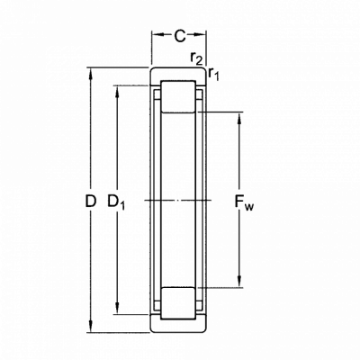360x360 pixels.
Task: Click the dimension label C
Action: tap(180, 36)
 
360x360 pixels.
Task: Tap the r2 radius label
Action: tap(197, 58)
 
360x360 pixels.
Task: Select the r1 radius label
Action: tap(213, 74)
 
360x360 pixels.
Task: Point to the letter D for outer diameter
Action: tap(90, 202)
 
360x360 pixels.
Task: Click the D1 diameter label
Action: tap(116, 202)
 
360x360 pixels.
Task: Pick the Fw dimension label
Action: tap(244, 202)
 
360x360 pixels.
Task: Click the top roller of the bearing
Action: tap(178, 96)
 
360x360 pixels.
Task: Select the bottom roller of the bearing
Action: tap(178, 303)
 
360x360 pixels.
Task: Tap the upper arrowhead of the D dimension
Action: tap(90, 75)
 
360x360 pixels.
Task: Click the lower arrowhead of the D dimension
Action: tap(90, 327)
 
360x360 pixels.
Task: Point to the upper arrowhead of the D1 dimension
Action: tap(117, 92)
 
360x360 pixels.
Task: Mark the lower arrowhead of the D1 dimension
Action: tap(117, 309)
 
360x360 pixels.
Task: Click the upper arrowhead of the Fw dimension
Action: tap(239, 118)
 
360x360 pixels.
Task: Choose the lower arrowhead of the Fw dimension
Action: tap(239, 282)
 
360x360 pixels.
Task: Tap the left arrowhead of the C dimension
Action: tap(158, 35)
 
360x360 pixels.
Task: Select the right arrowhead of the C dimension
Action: tap(200, 35)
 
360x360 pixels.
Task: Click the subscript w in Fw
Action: tap(249, 207)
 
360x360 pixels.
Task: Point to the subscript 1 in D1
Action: tap(122, 206)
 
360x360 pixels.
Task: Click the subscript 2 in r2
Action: tap(199, 61)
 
